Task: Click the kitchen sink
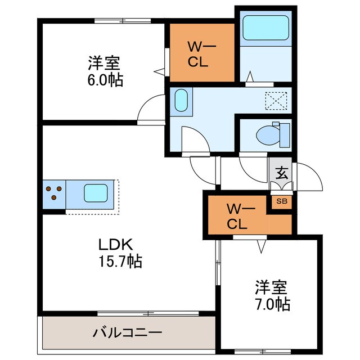click(96, 194)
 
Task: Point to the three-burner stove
click(53, 193)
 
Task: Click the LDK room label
click(115, 245)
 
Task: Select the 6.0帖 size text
click(105, 79)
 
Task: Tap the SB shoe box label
click(281, 201)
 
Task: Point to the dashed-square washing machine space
click(276, 101)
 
